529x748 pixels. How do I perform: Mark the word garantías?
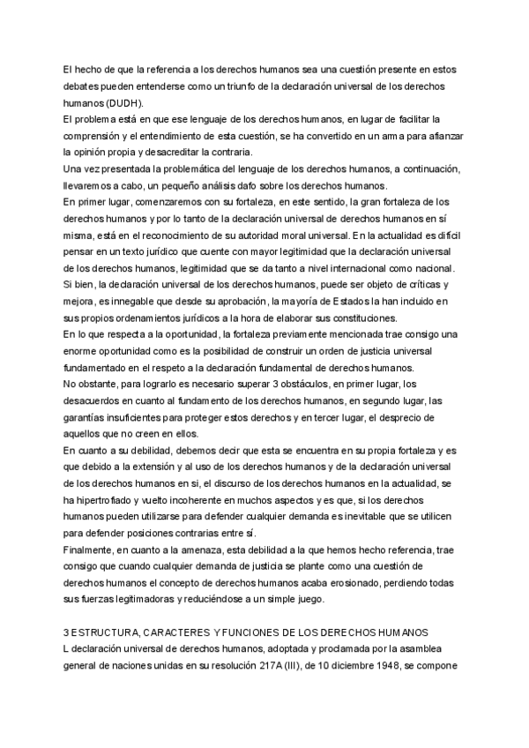pyautogui.click(x=89, y=401)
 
